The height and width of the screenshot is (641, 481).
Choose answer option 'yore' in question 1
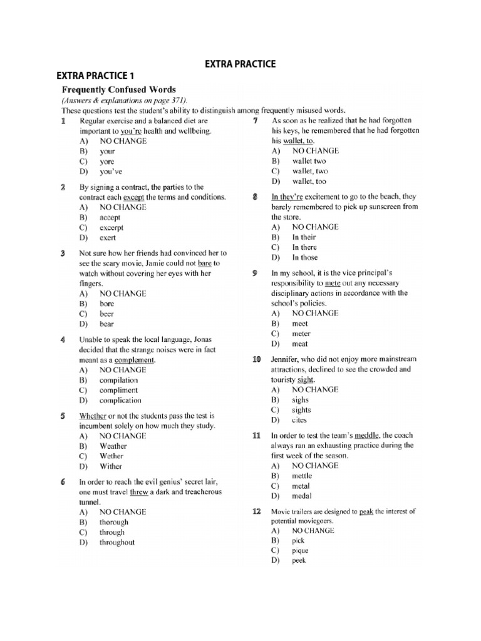tap(107, 161)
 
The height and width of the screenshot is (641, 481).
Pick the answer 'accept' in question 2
tap(110, 217)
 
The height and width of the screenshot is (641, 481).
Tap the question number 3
tap(63, 254)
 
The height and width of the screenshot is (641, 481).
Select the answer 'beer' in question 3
tap(107, 314)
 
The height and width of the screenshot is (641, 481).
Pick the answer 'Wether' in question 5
tap(111, 456)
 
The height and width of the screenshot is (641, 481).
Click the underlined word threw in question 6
tap(139, 492)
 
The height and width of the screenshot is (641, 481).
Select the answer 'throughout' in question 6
tap(116, 543)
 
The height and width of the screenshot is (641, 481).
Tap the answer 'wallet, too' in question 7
tap(309, 181)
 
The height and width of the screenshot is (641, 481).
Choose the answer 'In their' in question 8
tap(304, 237)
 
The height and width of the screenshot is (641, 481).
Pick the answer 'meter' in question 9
tap(301, 334)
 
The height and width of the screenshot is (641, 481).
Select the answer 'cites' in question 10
tap(299, 420)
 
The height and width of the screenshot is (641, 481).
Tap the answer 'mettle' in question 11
tap(302, 476)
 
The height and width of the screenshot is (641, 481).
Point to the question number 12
tap(256, 511)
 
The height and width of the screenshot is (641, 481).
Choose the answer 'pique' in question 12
tap(300, 551)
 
